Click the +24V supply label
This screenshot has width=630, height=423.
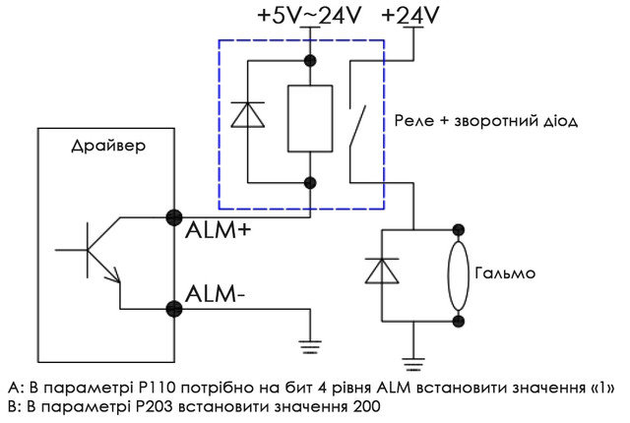pyautogui.click(x=410, y=16)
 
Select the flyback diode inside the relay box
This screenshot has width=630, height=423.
pyautogui.click(x=245, y=116)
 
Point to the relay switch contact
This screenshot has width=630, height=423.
pyautogui.click(x=357, y=118)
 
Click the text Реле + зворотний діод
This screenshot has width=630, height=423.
pyautogui.click(x=484, y=121)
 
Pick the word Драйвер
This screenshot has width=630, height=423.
pyautogui.click(x=107, y=148)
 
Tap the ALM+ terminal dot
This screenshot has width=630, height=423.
pyautogui.click(x=175, y=218)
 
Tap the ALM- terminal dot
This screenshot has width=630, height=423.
pyautogui.click(x=175, y=308)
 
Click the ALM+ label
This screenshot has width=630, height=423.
pyautogui.click(x=219, y=235)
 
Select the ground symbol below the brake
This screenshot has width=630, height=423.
pyautogui.click(x=415, y=357)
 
